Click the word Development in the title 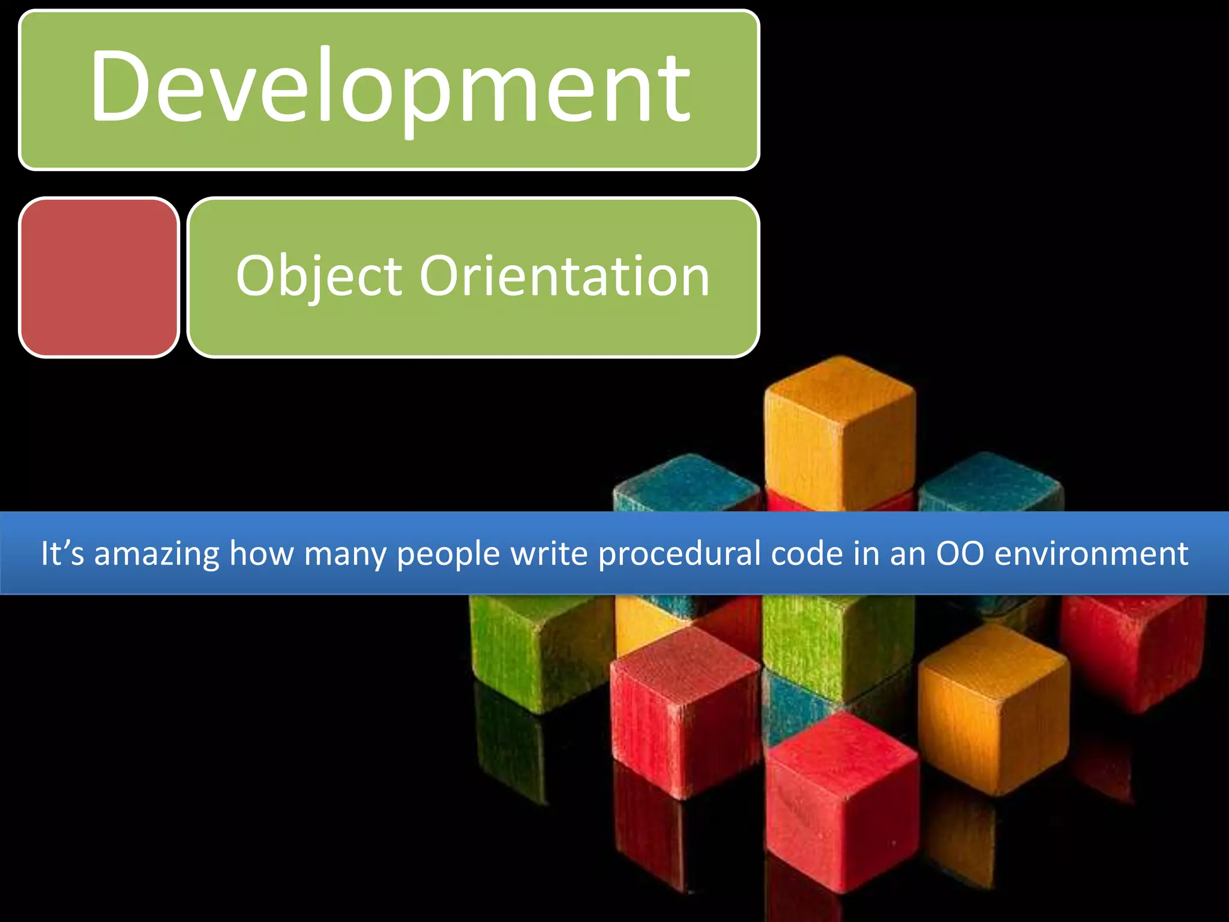[390, 87]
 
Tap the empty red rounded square [99, 277]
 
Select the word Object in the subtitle [319, 277]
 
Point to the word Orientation [564, 276]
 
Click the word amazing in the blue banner [157, 553]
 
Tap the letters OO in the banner [960, 553]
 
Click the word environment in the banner [1092, 553]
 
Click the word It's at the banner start [62, 553]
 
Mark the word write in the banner [549, 553]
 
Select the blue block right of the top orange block [990, 483]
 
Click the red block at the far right [1134, 648]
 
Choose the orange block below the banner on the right [993, 708]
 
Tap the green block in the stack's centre [837, 642]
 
